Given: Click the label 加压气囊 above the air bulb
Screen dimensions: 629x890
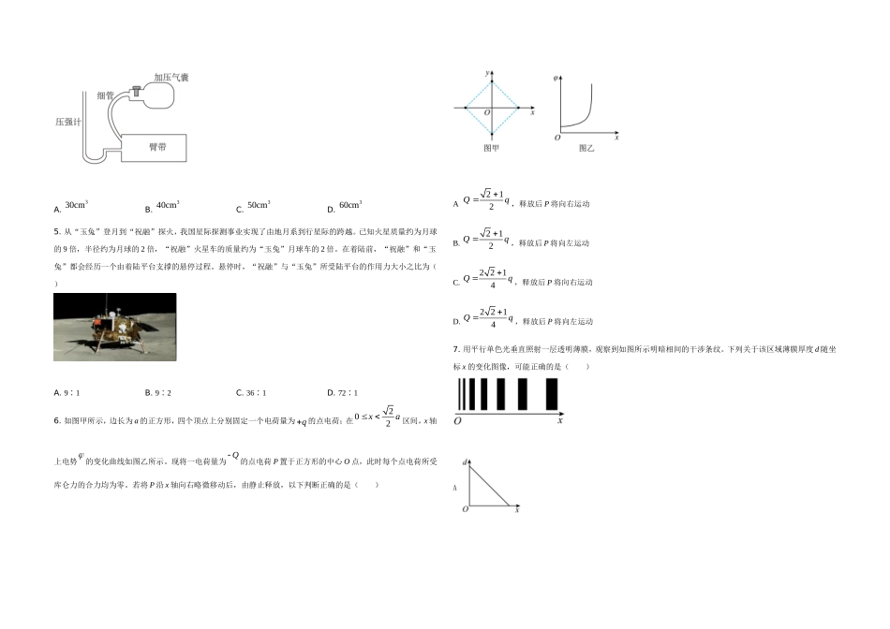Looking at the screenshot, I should tap(171, 78).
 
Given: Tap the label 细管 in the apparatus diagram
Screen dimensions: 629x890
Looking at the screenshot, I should tap(105, 95).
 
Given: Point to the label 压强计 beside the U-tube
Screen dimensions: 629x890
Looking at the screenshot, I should tap(68, 122).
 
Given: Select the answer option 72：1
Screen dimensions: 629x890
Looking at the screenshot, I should tap(343, 393).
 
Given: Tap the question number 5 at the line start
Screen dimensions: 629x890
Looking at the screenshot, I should tap(57, 229).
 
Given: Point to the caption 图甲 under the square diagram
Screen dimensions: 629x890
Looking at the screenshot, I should tap(491, 149).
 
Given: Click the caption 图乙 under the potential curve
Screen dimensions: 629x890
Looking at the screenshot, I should tap(586, 149).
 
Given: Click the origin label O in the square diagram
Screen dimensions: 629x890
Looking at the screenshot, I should tap(486, 113).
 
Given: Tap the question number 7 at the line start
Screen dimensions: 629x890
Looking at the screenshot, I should tap(454, 350).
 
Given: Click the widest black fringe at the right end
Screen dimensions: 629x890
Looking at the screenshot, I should tap(552, 394).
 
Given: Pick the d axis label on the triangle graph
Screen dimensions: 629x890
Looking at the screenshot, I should tap(464, 462).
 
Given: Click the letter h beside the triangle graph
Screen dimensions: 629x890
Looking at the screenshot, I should tap(456, 487).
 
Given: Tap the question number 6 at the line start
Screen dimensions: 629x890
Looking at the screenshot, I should tap(57, 420).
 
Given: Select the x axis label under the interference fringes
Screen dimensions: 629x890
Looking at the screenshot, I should tap(559, 421).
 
